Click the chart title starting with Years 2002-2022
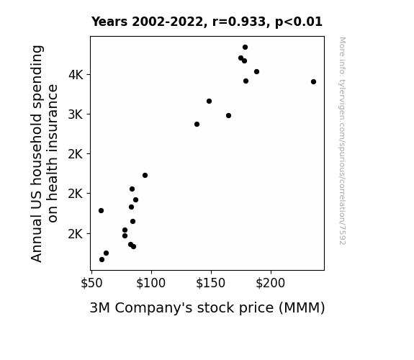207,22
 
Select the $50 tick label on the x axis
91,283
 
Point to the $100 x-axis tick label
150,283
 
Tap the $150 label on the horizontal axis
211,283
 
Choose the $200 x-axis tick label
271,283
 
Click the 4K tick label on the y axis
76,75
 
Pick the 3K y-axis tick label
76,114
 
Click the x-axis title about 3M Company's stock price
207,308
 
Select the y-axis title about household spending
44,153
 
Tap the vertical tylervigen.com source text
343,141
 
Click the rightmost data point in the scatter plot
313,81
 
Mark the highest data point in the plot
245,48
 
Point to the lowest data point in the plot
102,260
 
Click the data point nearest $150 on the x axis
209,101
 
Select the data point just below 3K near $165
229,115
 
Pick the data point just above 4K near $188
256,71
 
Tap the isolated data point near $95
145,176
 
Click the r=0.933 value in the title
239,22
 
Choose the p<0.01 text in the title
299,22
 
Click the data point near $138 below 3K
197,124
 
